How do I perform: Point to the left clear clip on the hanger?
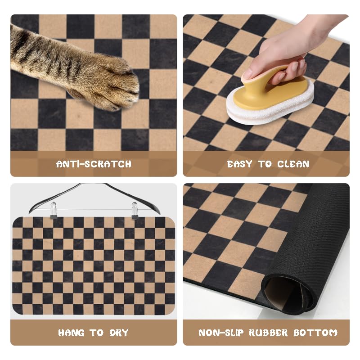point(53,210)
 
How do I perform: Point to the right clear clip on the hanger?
point(135,211)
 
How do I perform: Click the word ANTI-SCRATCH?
point(94,164)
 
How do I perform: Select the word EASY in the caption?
point(239,164)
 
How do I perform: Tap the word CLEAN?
point(293,164)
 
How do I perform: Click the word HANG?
point(71,333)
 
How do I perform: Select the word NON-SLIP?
point(221,333)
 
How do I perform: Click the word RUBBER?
point(268,333)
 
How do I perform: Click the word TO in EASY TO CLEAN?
point(265,164)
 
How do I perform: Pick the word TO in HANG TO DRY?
point(97,333)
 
